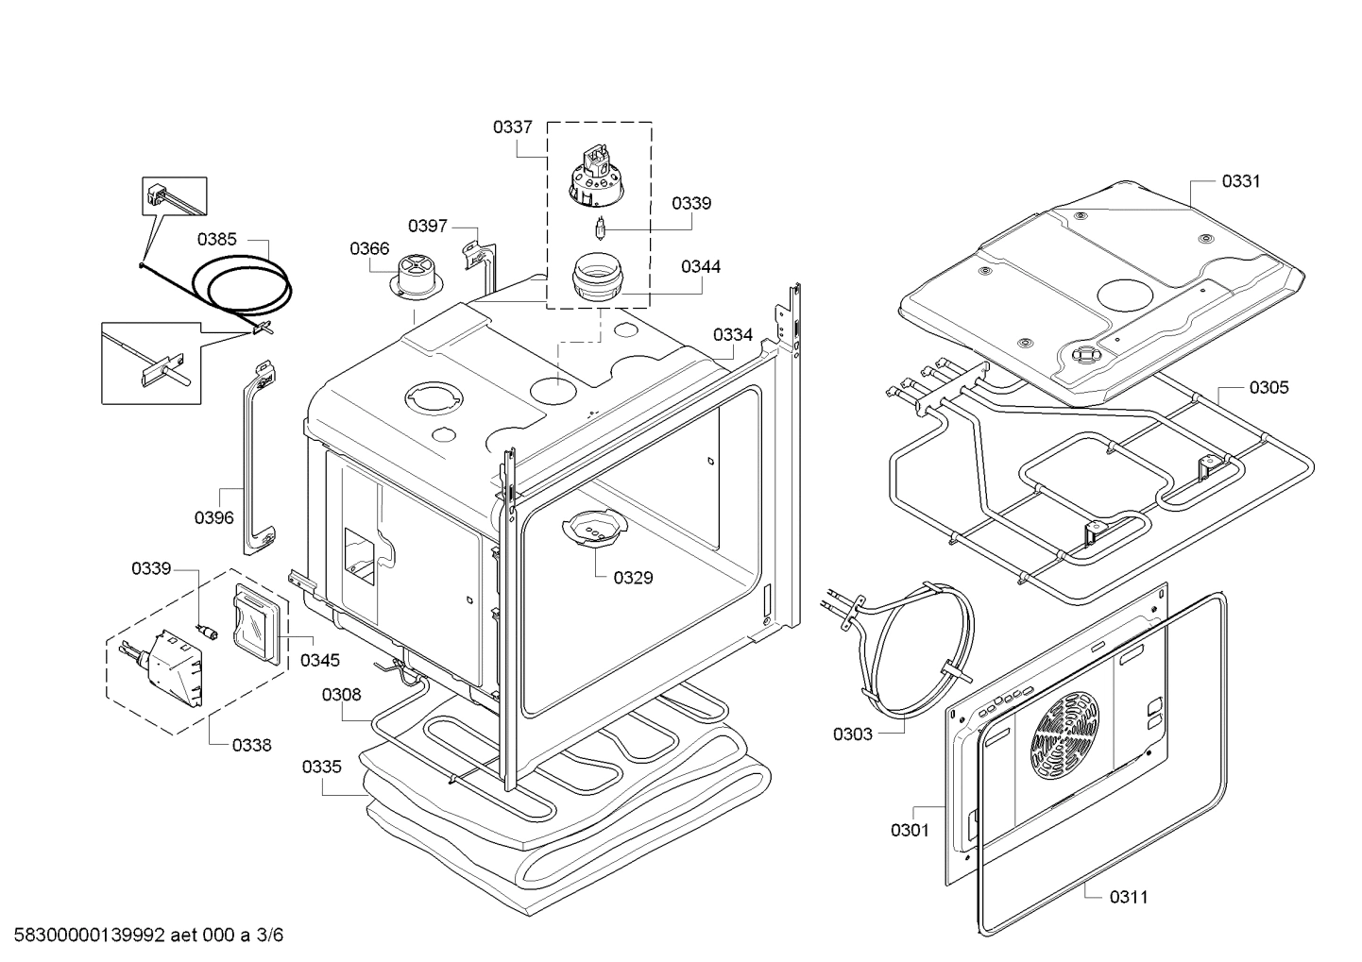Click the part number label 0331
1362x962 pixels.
[x=1240, y=181]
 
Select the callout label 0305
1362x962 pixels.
[x=1268, y=388]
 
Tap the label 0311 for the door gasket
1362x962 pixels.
[x=1129, y=897]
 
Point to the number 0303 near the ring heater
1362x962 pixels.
[x=852, y=734]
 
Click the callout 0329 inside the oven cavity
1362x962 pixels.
[x=632, y=578]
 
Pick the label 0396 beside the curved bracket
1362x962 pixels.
[x=214, y=517]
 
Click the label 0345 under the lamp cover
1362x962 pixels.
[x=320, y=661]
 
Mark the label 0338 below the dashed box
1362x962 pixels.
[x=251, y=745]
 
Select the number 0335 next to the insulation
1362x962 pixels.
[x=321, y=767]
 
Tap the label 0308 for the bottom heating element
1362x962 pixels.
[x=341, y=695]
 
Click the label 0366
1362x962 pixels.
[x=369, y=248]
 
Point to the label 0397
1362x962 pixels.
[x=428, y=226]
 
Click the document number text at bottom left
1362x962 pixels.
[x=142, y=936]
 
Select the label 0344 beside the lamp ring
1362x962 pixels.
[x=700, y=267]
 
